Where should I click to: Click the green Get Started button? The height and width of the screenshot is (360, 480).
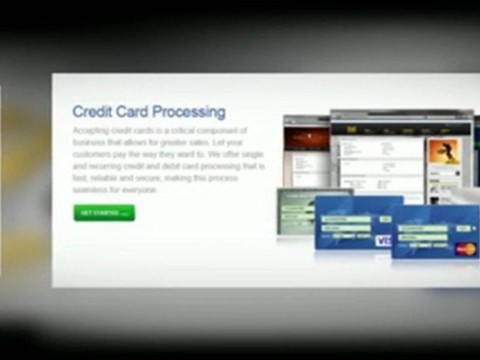104,213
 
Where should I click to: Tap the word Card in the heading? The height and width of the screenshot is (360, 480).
132,111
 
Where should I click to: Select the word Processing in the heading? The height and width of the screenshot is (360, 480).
188,111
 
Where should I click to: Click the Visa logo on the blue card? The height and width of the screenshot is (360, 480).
383,241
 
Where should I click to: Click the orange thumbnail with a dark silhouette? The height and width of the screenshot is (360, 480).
443,152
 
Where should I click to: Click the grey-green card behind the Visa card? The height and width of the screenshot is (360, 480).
295,210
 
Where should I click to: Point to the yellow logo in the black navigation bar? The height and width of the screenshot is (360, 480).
350,129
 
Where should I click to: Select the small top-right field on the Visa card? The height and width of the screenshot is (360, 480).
385,219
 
